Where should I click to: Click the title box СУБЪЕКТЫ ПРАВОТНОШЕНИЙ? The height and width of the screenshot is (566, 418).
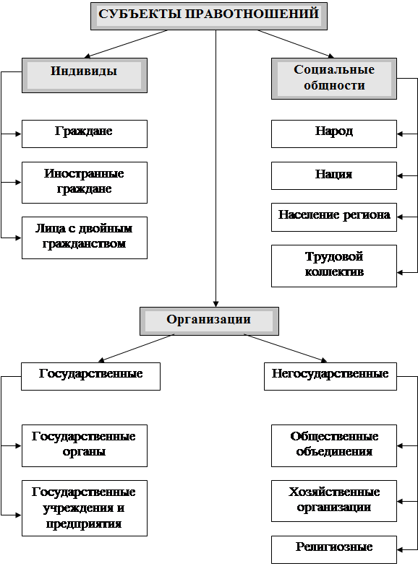[209, 16]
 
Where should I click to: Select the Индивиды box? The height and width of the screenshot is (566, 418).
[85, 75]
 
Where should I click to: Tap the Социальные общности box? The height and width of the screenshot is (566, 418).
[334, 79]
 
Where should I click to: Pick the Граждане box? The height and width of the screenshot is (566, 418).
[85, 134]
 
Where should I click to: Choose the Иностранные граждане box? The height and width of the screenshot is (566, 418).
[85, 183]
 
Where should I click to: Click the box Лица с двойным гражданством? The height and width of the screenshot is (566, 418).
[85, 238]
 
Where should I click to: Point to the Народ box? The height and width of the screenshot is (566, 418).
[334, 134]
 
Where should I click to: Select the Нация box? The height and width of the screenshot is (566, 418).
[334, 176]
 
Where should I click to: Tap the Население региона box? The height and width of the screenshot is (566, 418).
[334, 217]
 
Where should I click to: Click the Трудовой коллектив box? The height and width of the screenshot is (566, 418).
[334, 266]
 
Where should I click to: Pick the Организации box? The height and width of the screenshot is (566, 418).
[210, 321]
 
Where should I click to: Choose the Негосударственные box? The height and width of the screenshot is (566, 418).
[330, 377]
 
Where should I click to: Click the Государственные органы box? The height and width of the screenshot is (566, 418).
[85, 446]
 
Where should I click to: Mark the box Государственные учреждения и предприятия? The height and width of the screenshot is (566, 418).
[85, 508]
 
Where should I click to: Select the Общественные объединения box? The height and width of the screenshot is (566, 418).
[334, 446]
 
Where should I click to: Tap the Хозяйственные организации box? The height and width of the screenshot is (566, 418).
[334, 501]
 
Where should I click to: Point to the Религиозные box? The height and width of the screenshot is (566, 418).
[334, 550]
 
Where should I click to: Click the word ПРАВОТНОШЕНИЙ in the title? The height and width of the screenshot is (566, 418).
[252, 14]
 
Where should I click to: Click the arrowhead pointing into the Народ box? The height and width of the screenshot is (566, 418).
[400, 134]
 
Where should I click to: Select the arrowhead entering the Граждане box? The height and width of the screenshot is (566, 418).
[19, 134]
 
